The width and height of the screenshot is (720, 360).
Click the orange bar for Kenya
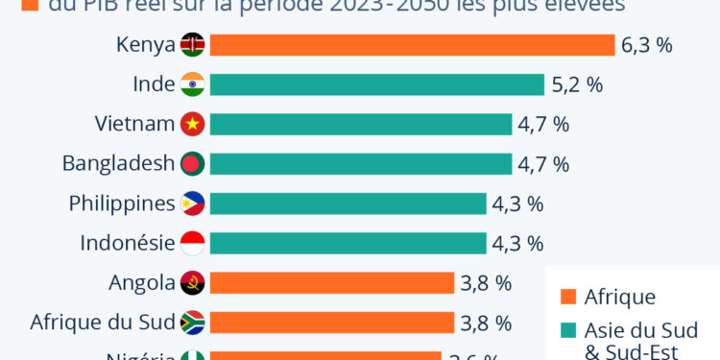[x=412, y=45]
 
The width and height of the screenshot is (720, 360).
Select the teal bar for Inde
[x=375, y=84]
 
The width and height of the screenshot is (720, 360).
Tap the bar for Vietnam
[x=360, y=124]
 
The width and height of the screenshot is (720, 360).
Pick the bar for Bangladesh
[x=360, y=163]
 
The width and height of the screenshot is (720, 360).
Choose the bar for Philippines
[x=348, y=204]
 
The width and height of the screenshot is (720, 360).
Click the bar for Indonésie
[x=348, y=243]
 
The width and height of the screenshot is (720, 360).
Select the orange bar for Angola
[x=331, y=282]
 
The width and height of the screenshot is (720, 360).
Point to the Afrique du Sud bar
[x=331, y=323]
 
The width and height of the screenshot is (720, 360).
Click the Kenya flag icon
[x=192, y=45]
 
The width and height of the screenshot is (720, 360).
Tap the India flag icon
[x=192, y=84]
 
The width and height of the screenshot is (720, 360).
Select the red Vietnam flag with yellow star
[x=192, y=124]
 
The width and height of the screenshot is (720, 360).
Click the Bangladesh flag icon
[x=192, y=163]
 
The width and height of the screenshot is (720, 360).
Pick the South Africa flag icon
[x=192, y=323]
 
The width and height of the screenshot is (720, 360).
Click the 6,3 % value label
[x=648, y=45]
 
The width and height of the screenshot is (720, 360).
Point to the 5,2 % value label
[x=577, y=84]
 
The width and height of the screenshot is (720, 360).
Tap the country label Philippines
[x=122, y=204]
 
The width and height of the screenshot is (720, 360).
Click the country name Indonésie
[x=129, y=243]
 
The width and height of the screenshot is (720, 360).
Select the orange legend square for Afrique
[x=567, y=297]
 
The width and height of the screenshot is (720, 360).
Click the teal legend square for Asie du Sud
[x=567, y=331]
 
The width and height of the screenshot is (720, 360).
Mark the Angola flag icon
[x=192, y=282]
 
